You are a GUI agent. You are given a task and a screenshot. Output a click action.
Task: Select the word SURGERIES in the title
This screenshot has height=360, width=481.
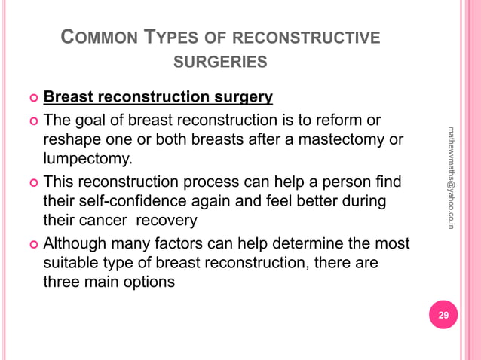(x=220, y=62)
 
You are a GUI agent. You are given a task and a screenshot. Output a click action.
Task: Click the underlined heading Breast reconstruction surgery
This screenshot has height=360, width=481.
(x=158, y=98)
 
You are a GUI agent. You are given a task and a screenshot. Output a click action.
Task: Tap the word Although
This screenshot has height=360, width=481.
(x=75, y=244)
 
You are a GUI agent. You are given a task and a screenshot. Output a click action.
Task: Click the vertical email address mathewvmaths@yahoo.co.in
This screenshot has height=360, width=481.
(x=451, y=177)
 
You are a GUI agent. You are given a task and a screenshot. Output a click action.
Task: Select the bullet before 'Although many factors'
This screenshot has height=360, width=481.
(x=32, y=245)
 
